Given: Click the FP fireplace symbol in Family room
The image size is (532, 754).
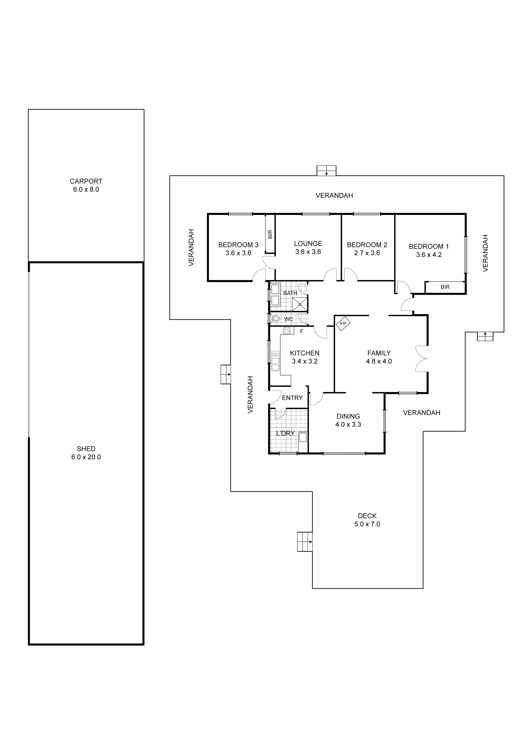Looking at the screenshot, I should tap(343, 324).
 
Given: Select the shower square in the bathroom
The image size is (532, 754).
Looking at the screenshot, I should tap(300, 304).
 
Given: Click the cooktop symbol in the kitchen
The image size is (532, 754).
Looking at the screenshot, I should tap(287, 331).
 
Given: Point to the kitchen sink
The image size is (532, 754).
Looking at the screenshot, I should tap(275, 362).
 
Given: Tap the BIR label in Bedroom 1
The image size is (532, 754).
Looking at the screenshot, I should tap(445, 287).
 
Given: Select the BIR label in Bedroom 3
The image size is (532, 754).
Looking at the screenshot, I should tap(270, 234).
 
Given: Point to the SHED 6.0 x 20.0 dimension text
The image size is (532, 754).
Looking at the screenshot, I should tap(86, 457).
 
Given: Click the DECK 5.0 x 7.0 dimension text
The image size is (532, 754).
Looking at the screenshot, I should tap(367, 524).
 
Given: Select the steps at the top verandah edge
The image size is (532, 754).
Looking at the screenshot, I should tap(326, 171).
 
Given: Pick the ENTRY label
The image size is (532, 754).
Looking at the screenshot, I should tap(292, 398).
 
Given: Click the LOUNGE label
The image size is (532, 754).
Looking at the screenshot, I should tap(308, 243).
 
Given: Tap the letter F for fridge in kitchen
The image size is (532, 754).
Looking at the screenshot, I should tap(301, 331).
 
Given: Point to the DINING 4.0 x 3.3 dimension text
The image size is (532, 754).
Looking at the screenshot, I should tap(348, 424).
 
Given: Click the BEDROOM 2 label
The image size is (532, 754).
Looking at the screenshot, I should tap(367, 245).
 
